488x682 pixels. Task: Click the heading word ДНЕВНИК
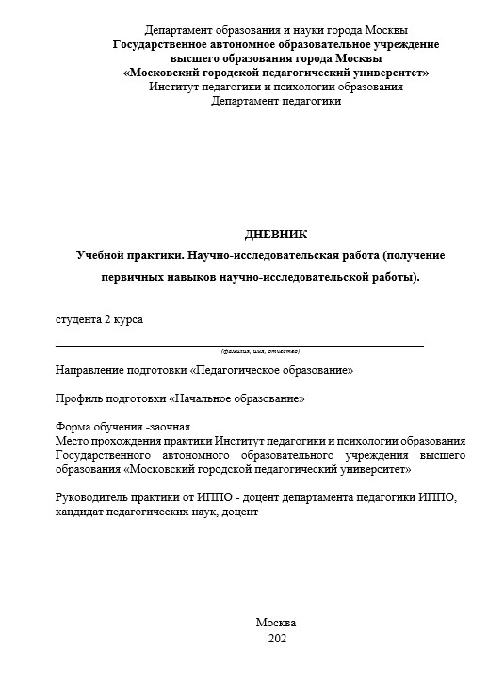[275, 235]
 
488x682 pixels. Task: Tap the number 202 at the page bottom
[276, 639]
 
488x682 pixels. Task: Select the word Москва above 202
[276, 623]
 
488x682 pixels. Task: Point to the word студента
[78, 320]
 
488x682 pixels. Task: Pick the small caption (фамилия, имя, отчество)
[260, 350]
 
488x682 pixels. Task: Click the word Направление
[90, 371]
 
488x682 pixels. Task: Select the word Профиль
[79, 398]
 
